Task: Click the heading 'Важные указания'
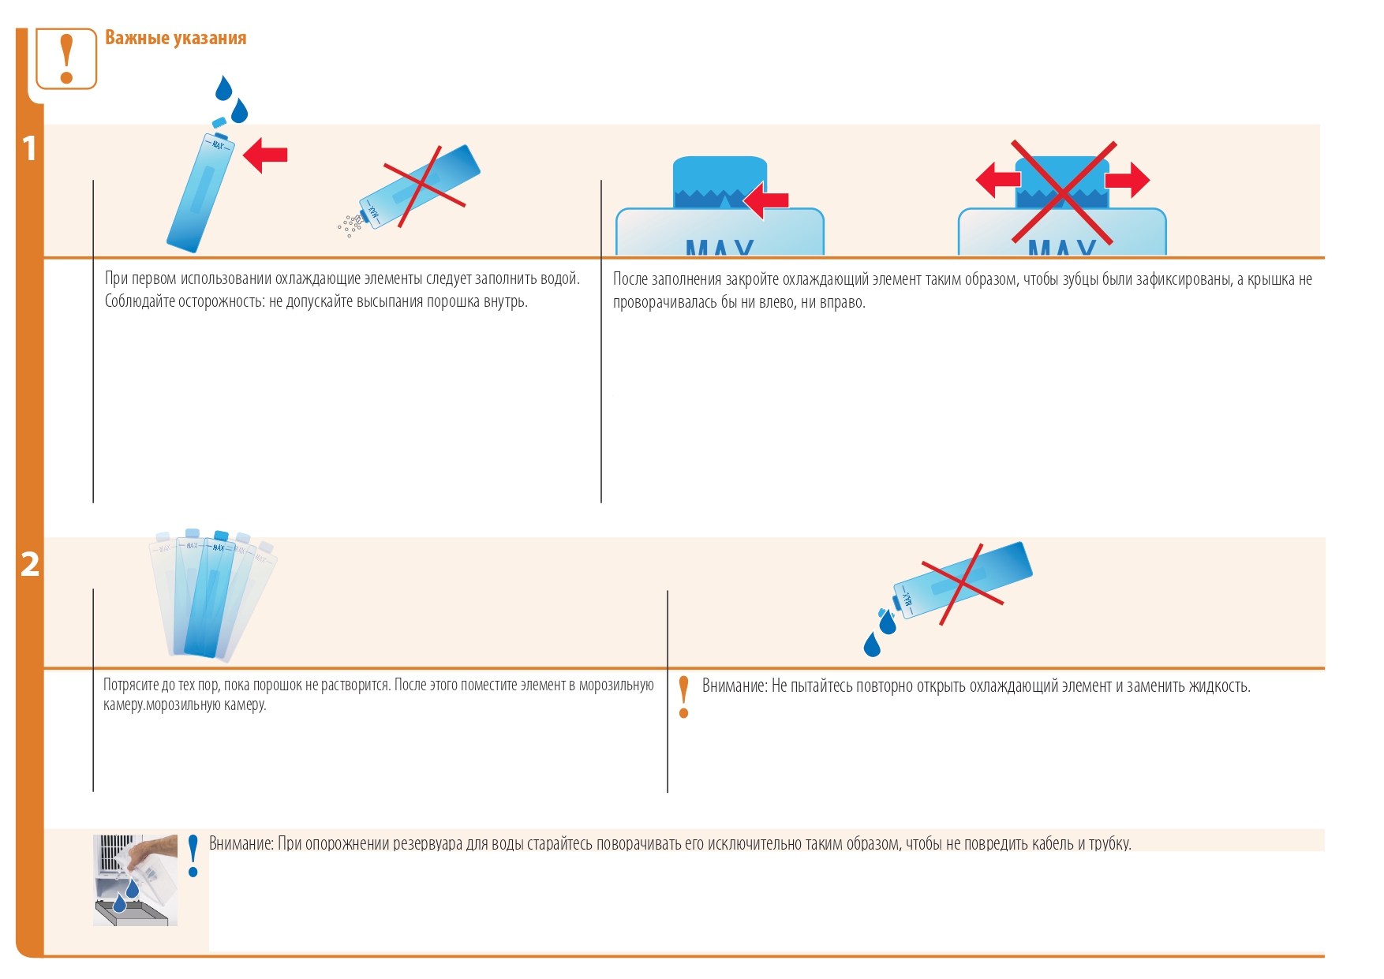pos(175,38)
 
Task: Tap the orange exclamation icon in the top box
pos(67,58)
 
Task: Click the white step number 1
pos(30,148)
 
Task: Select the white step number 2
pos(30,564)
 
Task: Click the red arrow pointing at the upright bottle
pos(265,155)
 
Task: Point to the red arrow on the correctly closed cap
pos(766,200)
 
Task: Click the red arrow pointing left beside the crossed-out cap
pos(998,180)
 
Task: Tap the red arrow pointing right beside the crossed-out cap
pos(1128,180)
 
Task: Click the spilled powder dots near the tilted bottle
pos(350,225)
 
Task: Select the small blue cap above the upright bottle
pos(219,123)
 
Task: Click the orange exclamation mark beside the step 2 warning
pos(684,697)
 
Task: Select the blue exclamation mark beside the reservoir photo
pos(193,856)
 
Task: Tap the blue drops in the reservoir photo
pos(125,895)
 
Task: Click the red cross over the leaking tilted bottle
pos(963,585)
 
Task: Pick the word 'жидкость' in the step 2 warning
pos(1220,686)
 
